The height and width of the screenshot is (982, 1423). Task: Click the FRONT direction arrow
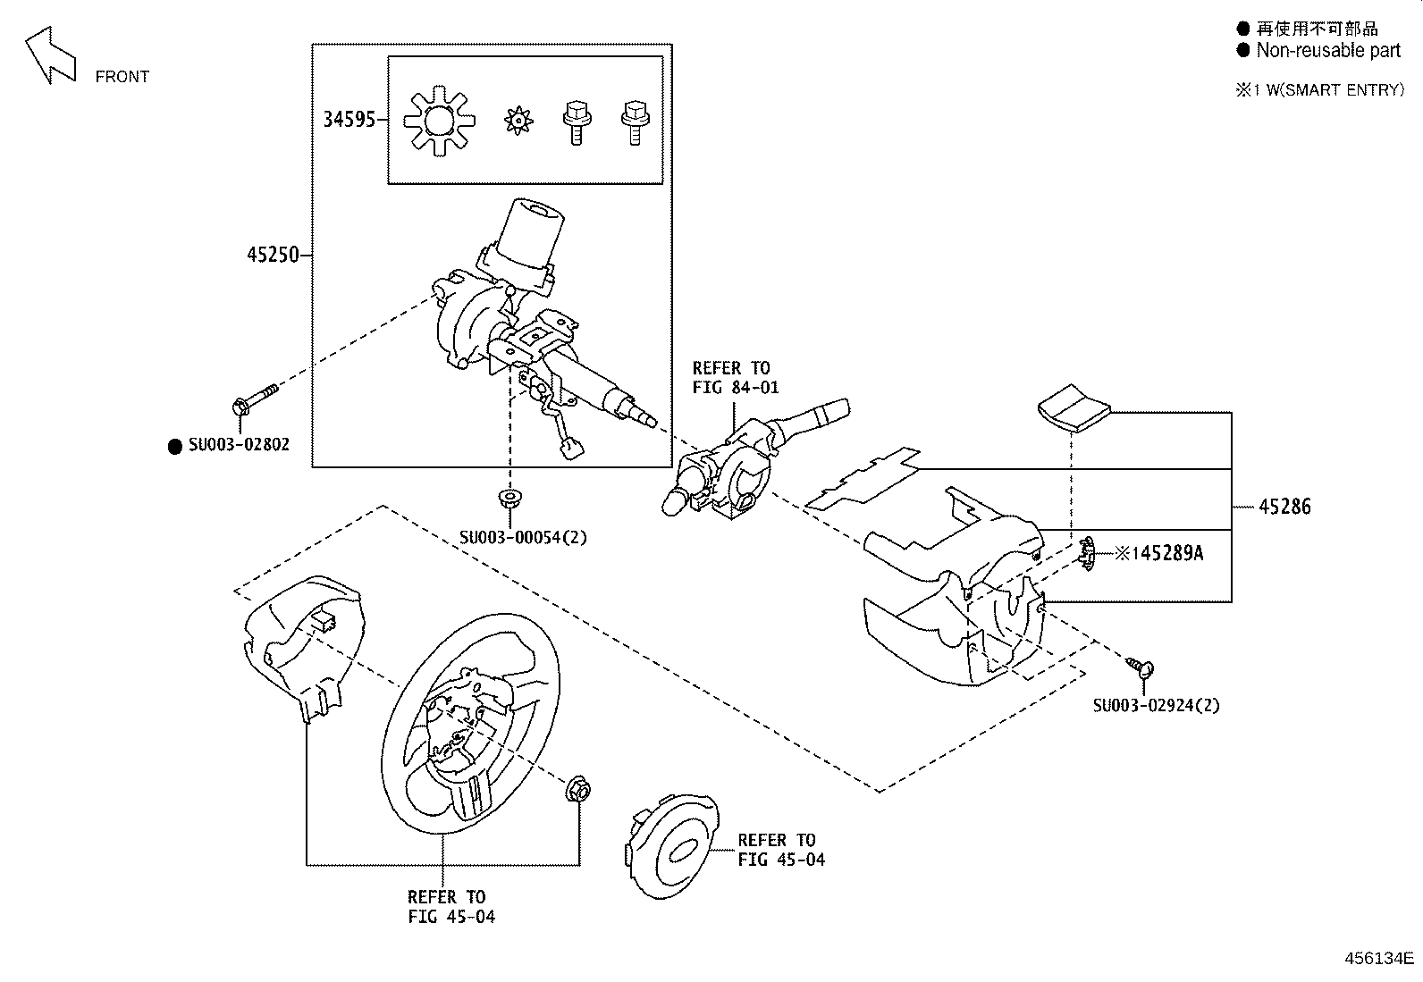[50, 55]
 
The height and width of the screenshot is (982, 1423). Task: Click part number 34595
[349, 120]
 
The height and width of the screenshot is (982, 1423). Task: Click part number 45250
[273, 256]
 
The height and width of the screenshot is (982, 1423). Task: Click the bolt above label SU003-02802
[253, 399]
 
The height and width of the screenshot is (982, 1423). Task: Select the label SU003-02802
[239, 445]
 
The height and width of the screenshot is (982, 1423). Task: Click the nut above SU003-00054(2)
[510, 499]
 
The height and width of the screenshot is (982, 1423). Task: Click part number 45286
[1284, 507]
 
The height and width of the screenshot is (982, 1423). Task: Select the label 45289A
[1167, 554]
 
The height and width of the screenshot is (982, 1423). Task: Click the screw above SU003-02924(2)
[1141, 667]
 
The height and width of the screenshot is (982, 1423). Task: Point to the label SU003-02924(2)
[1156, 705]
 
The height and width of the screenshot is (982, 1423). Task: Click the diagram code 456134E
[1379, 959]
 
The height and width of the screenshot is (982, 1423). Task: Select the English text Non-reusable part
[1328, 50]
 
